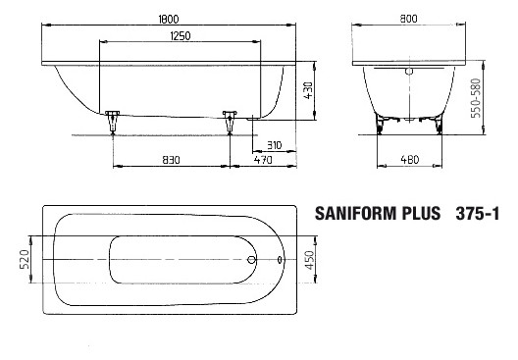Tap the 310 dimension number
[x=274, y=144]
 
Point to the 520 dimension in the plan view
[x=25, y=261]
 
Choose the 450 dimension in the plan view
[x=309, y=261]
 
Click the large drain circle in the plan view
[x=252, y=261]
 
